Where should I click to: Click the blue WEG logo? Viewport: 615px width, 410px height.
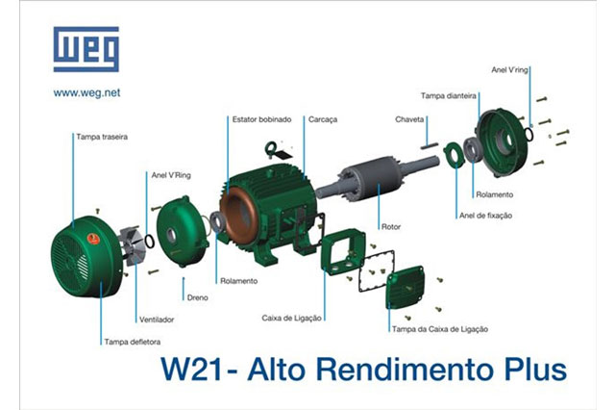click(x=86, y=49)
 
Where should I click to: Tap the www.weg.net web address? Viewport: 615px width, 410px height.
click(x=86, y=93)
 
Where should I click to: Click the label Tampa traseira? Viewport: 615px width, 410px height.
click(x=102, y=137)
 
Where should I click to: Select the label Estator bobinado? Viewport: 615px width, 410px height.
click(x=261, y=119)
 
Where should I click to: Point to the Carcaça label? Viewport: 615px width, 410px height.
click(x=323, y=119)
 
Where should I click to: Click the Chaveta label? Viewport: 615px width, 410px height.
click(x=409, y=119)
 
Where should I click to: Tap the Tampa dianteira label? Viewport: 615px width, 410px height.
click(x=449, y=96)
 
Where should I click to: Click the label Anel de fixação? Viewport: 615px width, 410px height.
click(x=485, y=216)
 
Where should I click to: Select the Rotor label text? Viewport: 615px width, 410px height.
click(x=391, y=226)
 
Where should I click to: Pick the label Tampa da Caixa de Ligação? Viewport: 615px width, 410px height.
click(x=440, y=329)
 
